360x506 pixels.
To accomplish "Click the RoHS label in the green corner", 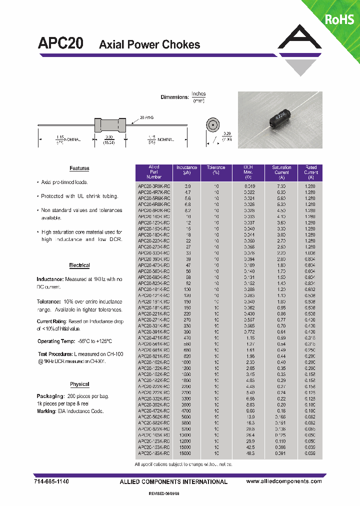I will click(339, 19).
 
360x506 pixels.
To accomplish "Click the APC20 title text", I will click(60, 44).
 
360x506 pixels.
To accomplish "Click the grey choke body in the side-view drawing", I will click(109, 125).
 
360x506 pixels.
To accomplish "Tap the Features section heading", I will click(79, 168).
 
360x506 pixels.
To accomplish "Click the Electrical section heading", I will click(79, 265).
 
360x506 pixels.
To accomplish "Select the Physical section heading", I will click(79, 384).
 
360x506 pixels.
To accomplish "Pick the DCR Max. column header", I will click(248, 172).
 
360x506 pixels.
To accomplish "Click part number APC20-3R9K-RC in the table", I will click(154, 185).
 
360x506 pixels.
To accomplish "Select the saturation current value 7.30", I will click(281, 185).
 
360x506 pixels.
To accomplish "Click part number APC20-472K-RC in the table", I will click(154, 411).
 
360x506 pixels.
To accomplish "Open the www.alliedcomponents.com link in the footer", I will click(284, 481).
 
